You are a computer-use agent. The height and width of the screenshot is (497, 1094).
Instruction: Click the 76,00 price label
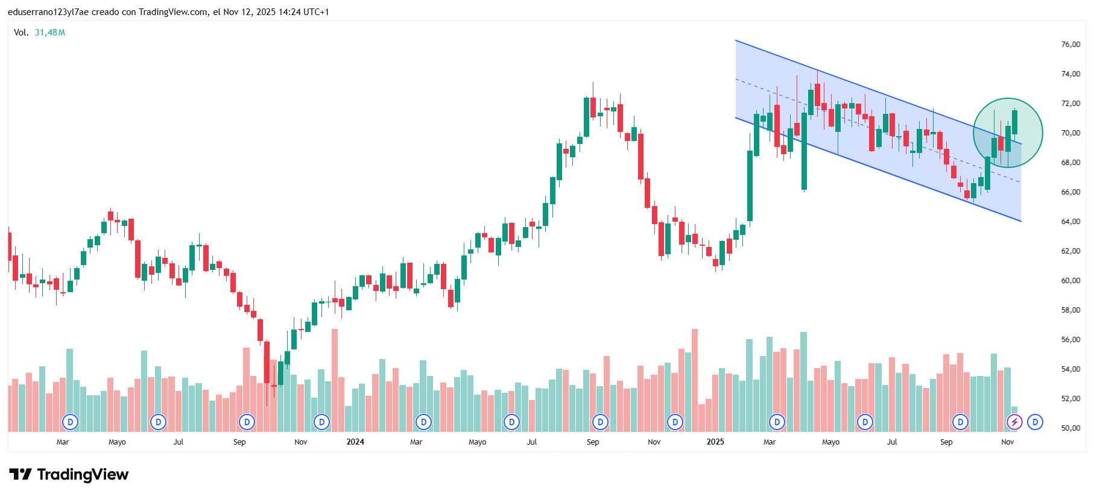[1070, 45]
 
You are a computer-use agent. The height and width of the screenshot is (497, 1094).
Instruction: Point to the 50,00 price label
[1070, 428]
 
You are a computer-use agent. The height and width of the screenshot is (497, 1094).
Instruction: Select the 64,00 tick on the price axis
[1070, 222]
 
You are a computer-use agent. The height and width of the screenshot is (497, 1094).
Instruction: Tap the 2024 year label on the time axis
[355, 442]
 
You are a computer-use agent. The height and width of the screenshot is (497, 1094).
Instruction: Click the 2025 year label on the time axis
[715, 442]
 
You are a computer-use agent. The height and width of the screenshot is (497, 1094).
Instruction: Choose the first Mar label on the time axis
[63, 442]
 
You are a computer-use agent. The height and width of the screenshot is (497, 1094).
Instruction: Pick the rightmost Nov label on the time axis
[1007, 442]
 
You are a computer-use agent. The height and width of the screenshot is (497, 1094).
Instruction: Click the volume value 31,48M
[50, 33]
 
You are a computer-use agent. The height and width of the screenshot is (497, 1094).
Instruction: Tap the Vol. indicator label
[21, 33]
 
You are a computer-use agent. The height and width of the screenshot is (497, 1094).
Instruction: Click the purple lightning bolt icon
[1014, 422]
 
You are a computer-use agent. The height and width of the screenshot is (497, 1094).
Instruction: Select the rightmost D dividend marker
[1035, 422]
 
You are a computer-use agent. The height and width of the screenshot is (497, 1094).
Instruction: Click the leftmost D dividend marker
[71, 422]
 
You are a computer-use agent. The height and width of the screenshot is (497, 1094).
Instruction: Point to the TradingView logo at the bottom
[69, 475]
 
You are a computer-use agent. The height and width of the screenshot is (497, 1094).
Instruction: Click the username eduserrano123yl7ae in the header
[48, 12]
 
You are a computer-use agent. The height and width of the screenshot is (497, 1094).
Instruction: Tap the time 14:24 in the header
[288, 12]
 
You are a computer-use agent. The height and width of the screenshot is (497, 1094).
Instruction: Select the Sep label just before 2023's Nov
[239, 442]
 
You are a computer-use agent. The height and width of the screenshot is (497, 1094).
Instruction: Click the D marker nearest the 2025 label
[675, 422]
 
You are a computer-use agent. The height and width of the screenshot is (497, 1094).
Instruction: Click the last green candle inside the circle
[1015, 122]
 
